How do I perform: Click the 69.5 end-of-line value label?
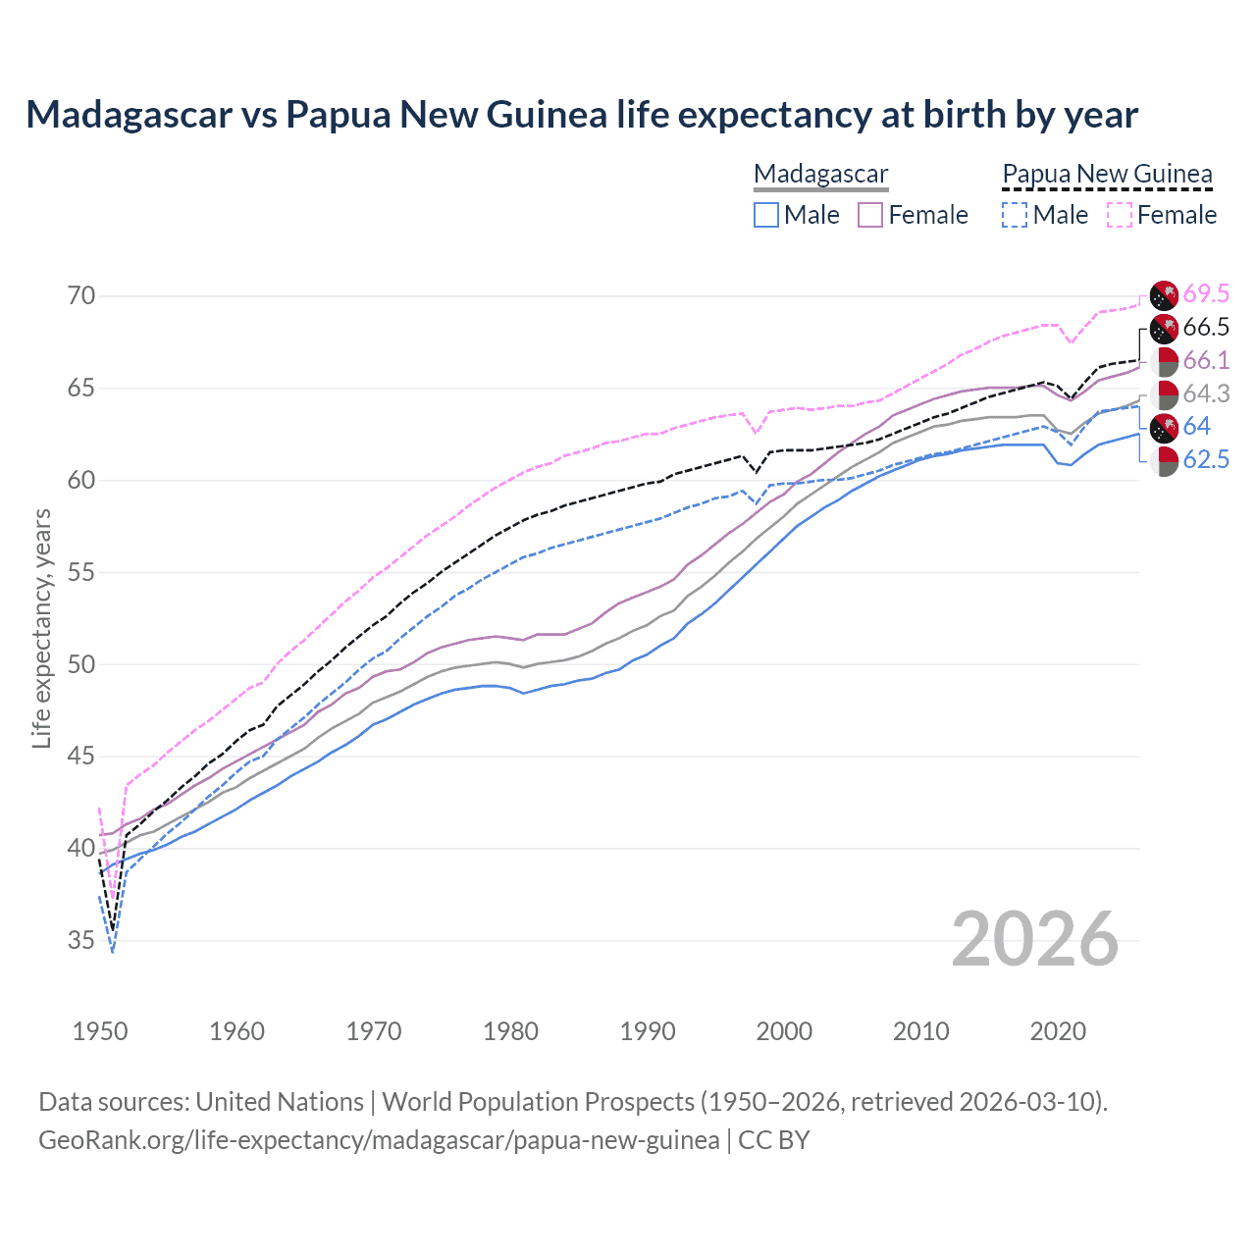point(1206,293)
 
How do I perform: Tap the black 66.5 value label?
point(1206,327)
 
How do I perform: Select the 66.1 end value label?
point(1206,360)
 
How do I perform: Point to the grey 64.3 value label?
point(1206,393)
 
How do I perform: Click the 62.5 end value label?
point(1206,459)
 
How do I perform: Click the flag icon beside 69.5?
point(1164,294)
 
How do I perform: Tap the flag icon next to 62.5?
point(1164,460)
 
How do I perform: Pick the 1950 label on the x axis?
point(100,1031)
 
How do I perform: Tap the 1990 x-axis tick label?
point(648,1031)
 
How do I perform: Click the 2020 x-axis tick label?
point(1058,1031)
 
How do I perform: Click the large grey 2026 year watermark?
point(1034,939)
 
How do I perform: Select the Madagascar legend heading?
point(820,175)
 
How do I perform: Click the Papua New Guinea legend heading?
point(1107,175)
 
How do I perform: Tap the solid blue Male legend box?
point(766,215)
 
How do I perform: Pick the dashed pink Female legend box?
point(1120,215)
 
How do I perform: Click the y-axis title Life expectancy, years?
point(41,628)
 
